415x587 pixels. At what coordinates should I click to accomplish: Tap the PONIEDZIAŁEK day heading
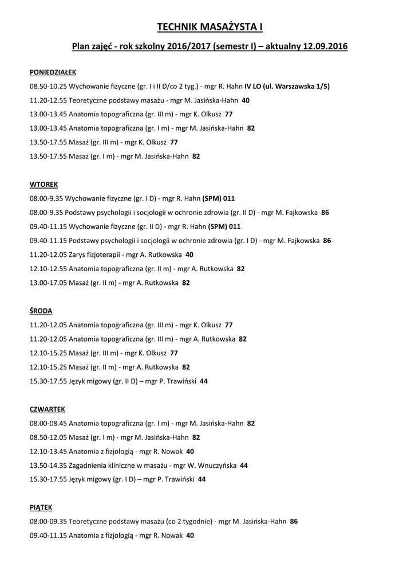coord(53,72)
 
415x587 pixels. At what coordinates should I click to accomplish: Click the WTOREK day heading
coord(44,185)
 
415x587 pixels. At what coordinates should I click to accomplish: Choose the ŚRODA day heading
coord(41,311)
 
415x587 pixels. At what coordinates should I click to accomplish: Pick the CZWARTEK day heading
coord(48,409)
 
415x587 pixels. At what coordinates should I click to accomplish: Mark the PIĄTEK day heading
coord(41,508)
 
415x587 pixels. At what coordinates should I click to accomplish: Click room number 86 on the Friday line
coord(294,522)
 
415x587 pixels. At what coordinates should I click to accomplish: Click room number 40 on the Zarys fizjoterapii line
coord(189,255)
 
